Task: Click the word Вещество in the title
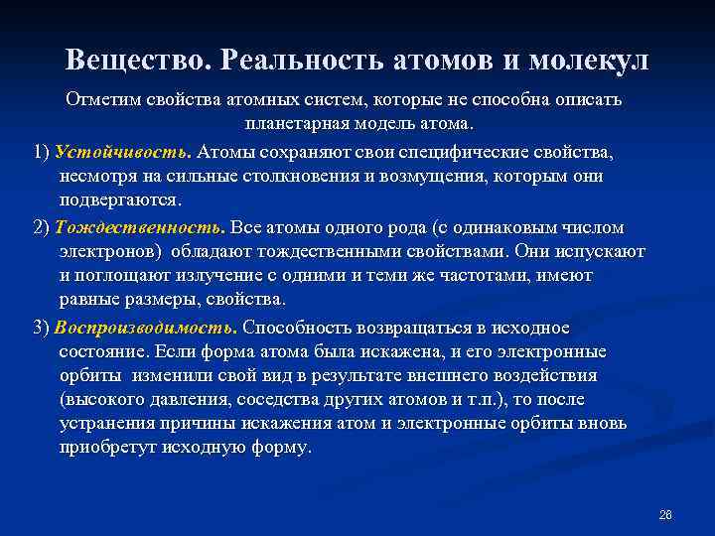pos(135,60)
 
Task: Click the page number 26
pos(665,514)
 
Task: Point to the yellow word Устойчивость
pos(122,152)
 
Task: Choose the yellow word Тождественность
pos(140,226)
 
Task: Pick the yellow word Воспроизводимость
pos(145,327)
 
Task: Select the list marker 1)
pos(42,152)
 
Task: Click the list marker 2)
pos(42,226)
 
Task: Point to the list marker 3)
pos(42,327)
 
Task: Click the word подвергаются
pos(120,200)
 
